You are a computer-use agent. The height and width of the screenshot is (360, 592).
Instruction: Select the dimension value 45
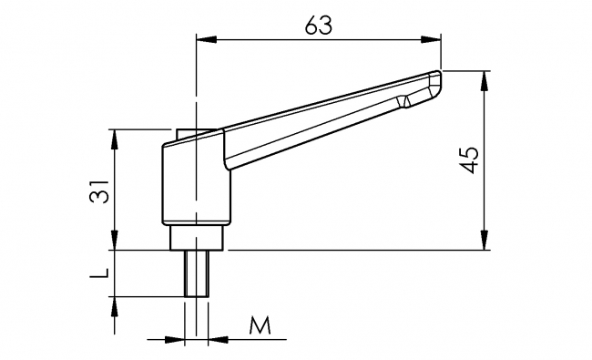point(469,160)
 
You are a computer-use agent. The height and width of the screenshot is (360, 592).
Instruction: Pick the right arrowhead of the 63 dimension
point(433,38)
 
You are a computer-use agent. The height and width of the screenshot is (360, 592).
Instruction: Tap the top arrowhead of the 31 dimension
point(115,137)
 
